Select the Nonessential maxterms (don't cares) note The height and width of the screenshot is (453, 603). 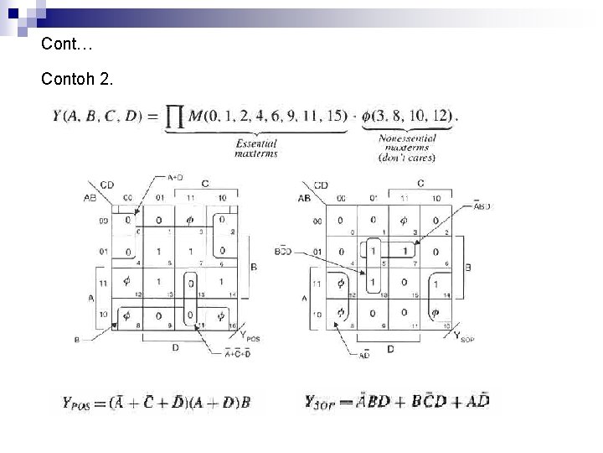point(405,148)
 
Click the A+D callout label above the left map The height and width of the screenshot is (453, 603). point(176,178)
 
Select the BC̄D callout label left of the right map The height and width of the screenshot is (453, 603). point(284,251)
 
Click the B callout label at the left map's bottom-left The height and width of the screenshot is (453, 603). point(77,341)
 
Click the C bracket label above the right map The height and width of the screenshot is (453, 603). point(420,183)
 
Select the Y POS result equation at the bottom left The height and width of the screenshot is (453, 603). point(157,402)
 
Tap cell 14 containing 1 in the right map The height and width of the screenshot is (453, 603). point(434,284)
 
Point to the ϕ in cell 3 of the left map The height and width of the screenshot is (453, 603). point(191,221)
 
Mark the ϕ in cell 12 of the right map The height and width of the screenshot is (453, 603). point(340,284)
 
